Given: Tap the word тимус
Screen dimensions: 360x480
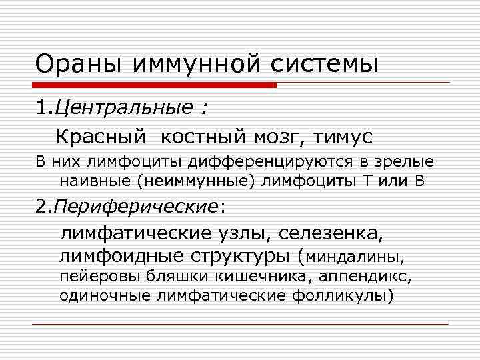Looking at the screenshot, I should point(342,137).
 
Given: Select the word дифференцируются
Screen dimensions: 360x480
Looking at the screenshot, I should point(261,162).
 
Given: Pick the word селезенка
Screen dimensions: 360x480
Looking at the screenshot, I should point(331,234).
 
